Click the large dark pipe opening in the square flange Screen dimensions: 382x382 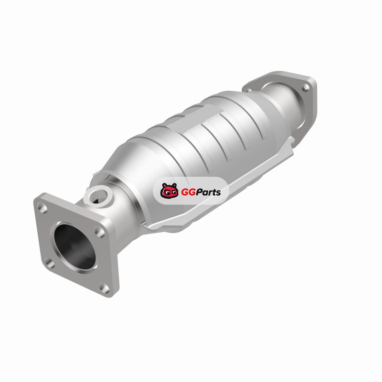tap(74, 246)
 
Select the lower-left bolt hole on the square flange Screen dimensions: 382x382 tap(50, 264)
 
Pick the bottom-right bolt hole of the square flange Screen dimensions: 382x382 tap(104, 288)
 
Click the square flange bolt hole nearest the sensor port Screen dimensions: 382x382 tap(99, 232)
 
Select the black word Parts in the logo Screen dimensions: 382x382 tap(208, 192)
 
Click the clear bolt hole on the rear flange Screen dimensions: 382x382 tap(306, 87)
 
